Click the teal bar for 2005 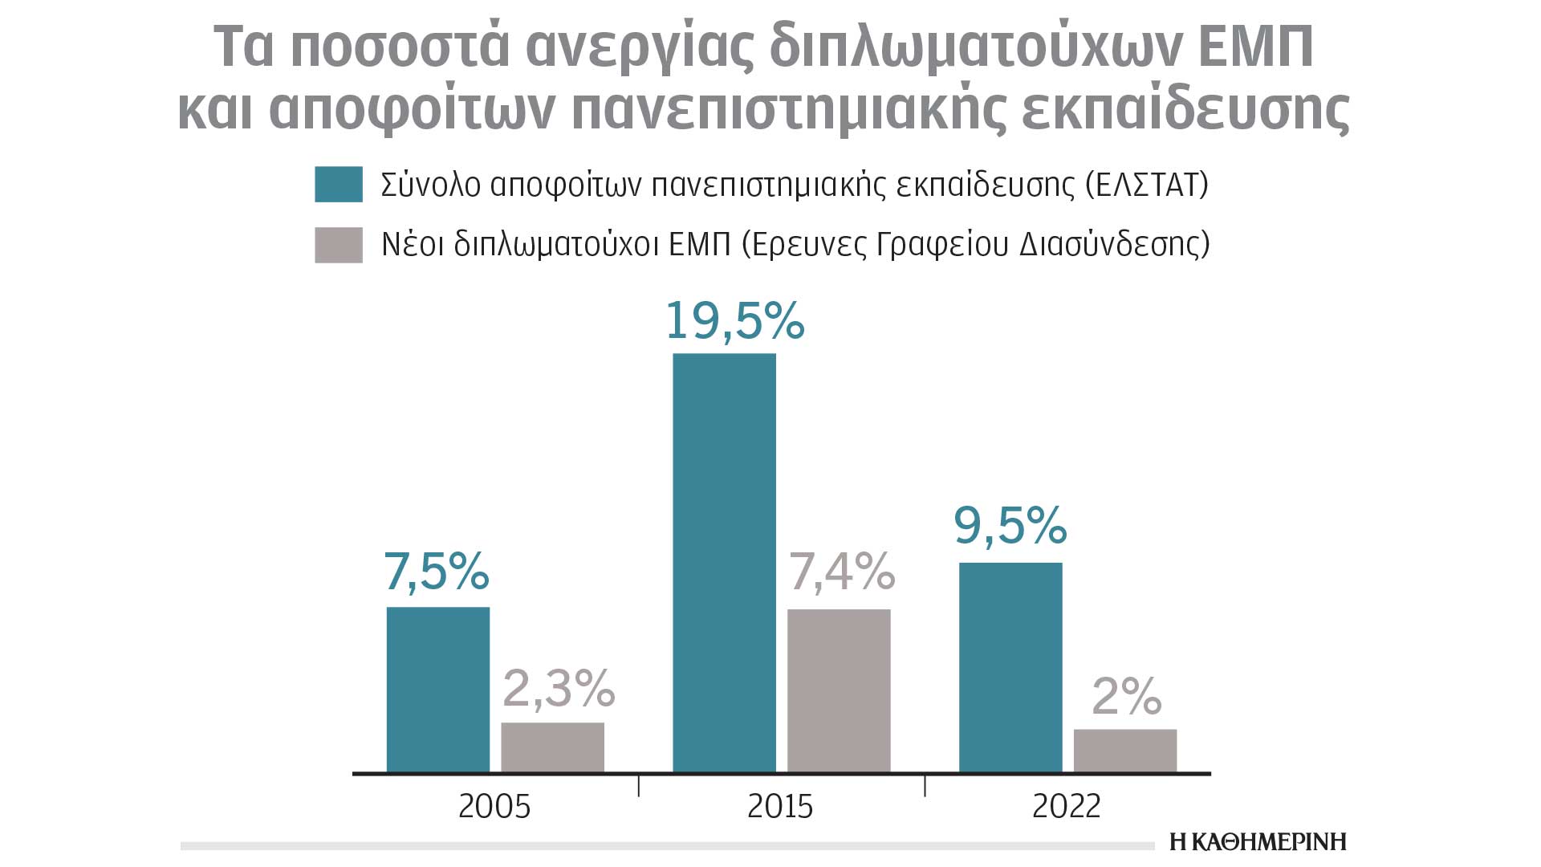click(437, 690)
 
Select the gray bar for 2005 click(552, 747)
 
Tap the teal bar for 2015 click(724, 563)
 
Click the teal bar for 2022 click(1010, 667)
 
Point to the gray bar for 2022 click(1125, 751)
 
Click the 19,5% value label click(735, 321)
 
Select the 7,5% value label click(437, 572)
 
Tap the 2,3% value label click(559, 689)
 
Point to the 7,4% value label click(842, 572)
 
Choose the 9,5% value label click(1010, 526)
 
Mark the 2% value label click(1127, 696)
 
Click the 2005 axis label click(494, 806)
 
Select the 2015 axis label click(780, 806)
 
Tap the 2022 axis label click(1067, 806)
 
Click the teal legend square click(339, 185)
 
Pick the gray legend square click(339, 244)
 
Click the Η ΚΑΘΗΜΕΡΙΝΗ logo click(1258, 841)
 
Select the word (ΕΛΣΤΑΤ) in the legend click(1146, 185)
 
